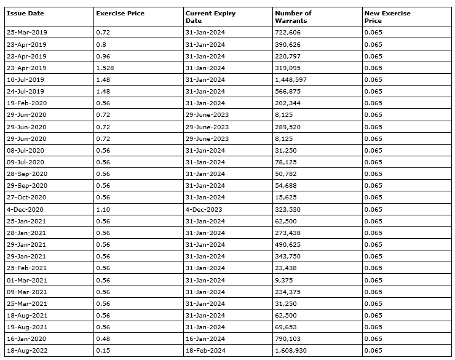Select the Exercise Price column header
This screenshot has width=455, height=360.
[120, 14]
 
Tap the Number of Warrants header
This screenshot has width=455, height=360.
[293, 17]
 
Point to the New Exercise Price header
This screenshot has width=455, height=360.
[387, 17]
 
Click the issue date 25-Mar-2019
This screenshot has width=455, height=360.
[26, 33]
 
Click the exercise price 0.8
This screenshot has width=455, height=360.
[101, 44]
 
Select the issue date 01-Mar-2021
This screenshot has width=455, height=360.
[26, 280]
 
